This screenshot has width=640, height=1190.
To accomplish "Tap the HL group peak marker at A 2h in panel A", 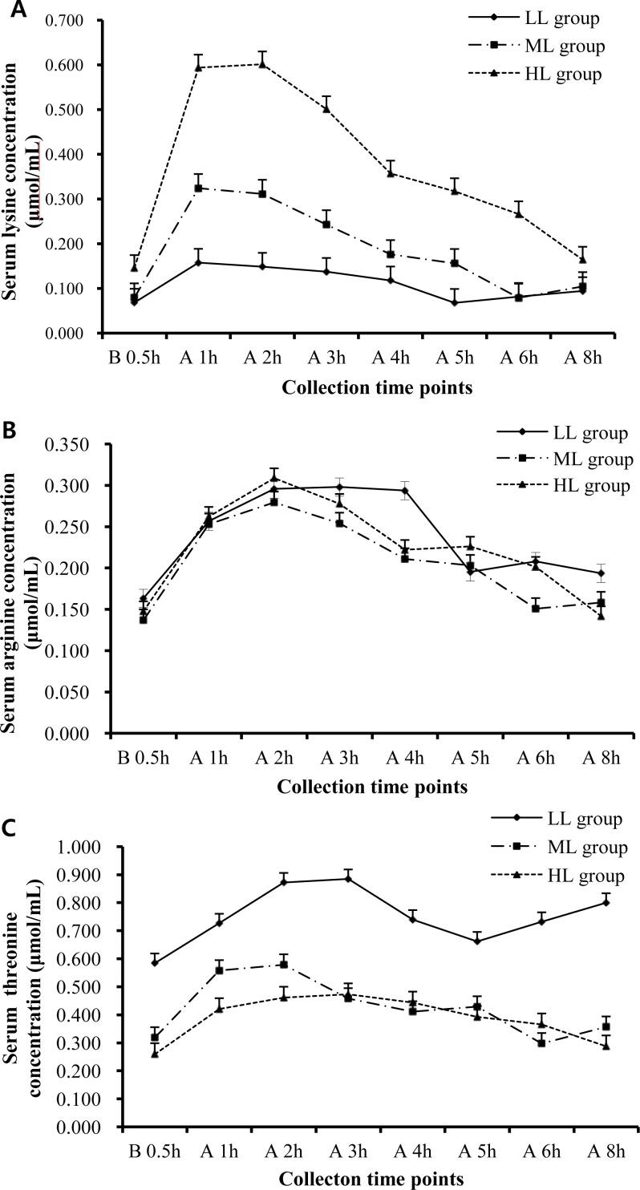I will [x=261, y=63].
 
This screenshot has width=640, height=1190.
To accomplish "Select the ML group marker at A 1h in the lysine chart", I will [x=198, y=188].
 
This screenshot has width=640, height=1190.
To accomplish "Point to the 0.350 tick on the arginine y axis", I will [x=68, y=444].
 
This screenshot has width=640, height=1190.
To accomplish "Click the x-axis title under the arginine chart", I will [x=372, y=787].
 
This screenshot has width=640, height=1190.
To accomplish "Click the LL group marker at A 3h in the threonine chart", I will [x=348, y=878].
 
